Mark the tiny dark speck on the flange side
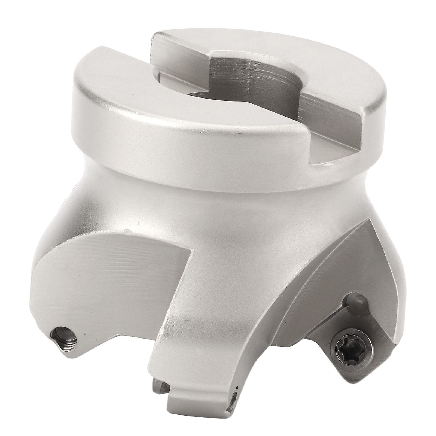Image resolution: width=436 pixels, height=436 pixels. coord(240,134)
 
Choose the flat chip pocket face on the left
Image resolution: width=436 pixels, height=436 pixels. coord(109,272)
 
